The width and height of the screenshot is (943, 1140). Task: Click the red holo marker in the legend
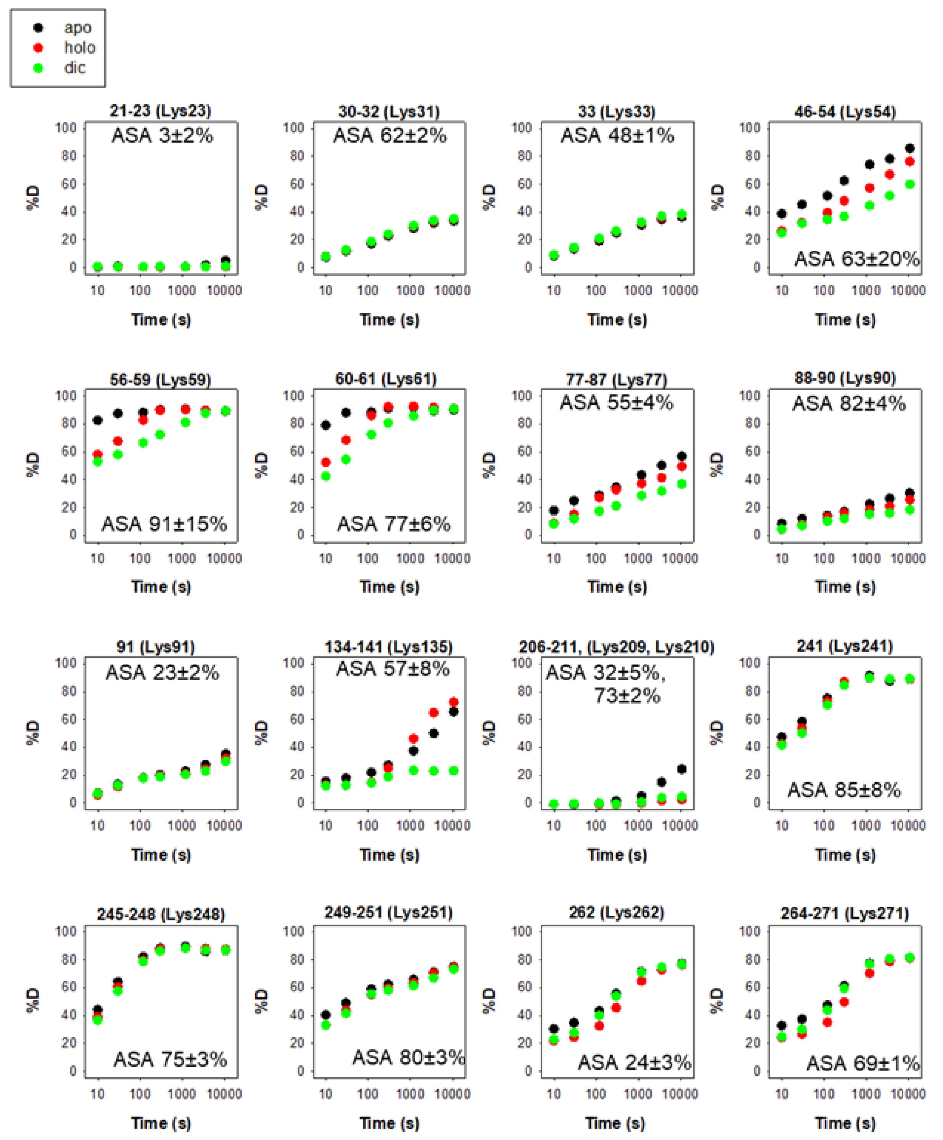click(x=38, y=48)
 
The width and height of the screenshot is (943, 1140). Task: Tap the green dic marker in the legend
click(x=38, y=68)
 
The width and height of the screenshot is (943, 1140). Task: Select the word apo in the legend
click(x=78, y=28)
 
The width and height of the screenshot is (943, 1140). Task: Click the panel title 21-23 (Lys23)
click(x=161, y=111)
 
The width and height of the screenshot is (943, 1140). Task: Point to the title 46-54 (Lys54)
click(x=845, y=112)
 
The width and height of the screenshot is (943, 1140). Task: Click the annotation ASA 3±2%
click(x=162, y=135)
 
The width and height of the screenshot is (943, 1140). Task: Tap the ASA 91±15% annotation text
click(x=164, y=524)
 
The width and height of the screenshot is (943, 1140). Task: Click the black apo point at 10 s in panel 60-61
click(x=326, y=425)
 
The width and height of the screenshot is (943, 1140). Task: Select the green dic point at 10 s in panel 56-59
click(x=98, y=461)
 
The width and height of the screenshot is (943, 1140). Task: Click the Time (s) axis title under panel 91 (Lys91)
click(x=161, y=855)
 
